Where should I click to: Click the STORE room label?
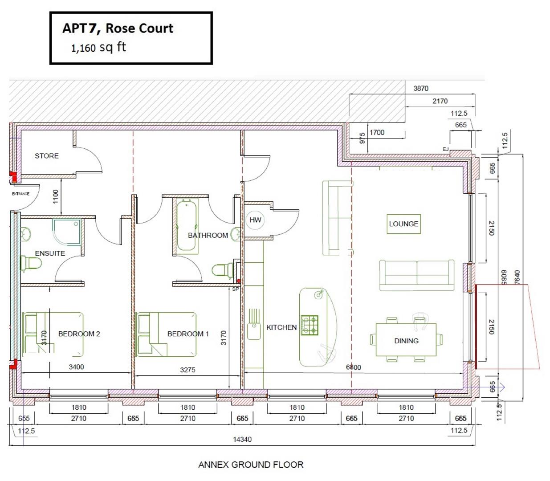coord(47,156)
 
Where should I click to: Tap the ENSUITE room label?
coord(50,253)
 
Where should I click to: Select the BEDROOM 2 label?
coord(79,334)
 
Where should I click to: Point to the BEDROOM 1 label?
coord(188,334)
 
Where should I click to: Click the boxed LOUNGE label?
coord(404,224)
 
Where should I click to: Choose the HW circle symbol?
coord(255,220)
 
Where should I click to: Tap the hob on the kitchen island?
coord(310,325)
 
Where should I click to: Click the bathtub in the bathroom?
coord(186,227)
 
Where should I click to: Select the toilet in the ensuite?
coord(30,263)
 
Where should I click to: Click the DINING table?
coord(406,341)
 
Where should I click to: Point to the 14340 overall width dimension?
coord(242,440)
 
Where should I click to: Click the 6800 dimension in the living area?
coord(354,367)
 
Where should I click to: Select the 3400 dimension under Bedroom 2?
coord(76,367)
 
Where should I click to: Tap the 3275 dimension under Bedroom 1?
coord(187,370)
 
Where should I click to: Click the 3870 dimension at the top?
coord(421,89)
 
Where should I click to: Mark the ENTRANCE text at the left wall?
coord(20,194)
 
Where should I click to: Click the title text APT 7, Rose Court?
coord(118,29)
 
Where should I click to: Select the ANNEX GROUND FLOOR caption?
coord(251,465)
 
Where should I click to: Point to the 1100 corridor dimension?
coord(55,196)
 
